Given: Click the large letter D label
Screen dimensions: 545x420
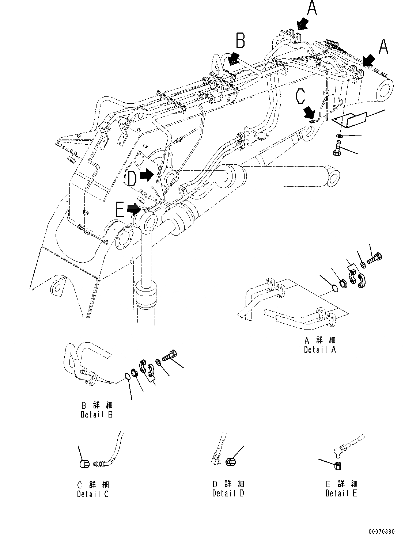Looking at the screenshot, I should coord(132,179).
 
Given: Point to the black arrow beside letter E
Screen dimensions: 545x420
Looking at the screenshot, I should coord(133,209).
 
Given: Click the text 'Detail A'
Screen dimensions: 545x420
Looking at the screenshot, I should coord(320,350).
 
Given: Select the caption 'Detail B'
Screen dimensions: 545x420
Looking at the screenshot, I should coord(97,415).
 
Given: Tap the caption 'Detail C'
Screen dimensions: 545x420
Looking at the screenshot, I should coord(93,494).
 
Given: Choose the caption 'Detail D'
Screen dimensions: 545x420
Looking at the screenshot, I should coord(228,493).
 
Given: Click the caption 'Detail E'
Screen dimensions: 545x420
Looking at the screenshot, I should coord(341,493).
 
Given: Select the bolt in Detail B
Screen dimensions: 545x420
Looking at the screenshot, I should coord(170,355).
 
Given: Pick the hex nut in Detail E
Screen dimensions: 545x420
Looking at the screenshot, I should coord(338,465).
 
